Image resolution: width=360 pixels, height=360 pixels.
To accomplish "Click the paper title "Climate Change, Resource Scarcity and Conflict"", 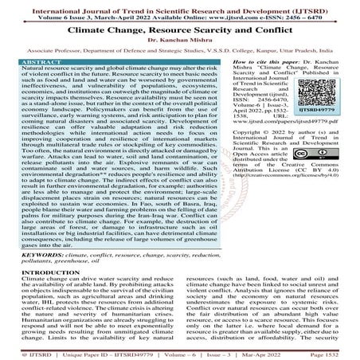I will tap(179, 34).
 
